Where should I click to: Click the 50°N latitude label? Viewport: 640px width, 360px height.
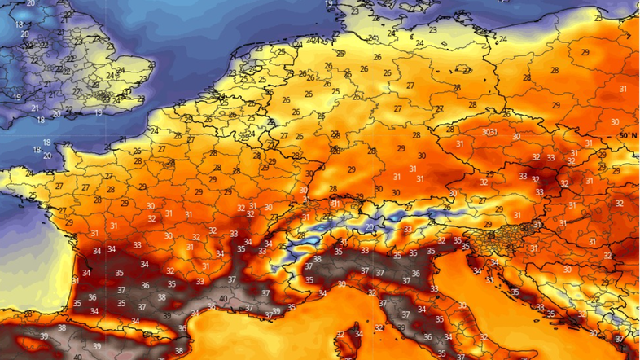tap(628, 134)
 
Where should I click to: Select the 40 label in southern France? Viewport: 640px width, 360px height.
tap(224, 299)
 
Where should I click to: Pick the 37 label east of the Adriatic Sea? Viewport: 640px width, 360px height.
tap(618, 338)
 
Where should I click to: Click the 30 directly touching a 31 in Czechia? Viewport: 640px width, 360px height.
tap(486, 132)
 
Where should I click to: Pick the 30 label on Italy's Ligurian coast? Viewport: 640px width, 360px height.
tap(343, 284)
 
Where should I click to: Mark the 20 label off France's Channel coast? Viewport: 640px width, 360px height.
tap(46, 156)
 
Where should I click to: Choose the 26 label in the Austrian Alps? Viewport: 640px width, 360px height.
tap(445, 207)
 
